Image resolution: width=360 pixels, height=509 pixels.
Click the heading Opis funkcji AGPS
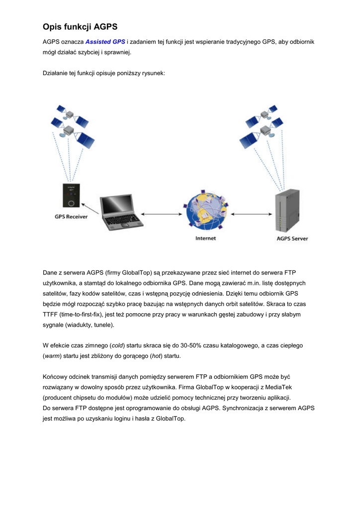click(x=80, y=27)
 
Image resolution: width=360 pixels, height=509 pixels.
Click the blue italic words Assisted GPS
click(x=105, y=42)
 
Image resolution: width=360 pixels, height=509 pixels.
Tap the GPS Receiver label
click(x=71, y=217)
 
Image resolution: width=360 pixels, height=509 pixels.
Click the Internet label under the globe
click(x=205, y=239)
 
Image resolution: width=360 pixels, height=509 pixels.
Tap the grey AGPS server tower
click(x=288, y=211)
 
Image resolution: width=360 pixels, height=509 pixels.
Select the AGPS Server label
click(x=292, y=239)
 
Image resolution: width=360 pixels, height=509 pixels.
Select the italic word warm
click(x=53, y=356)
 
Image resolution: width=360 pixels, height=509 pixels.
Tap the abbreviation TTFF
click(x=51, y=315)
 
